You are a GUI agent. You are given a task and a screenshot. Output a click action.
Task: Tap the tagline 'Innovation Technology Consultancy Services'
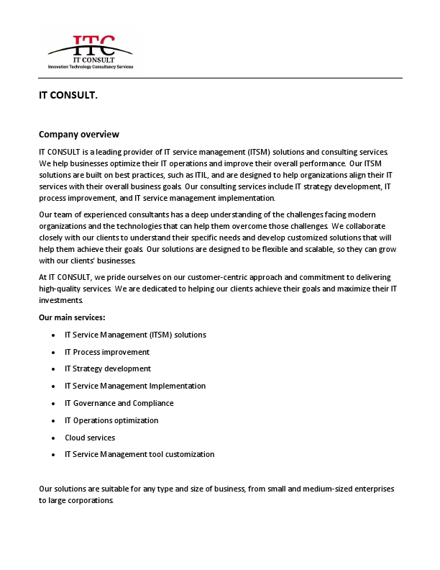[91, 66]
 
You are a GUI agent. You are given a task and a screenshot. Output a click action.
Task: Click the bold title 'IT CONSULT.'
[68, 95]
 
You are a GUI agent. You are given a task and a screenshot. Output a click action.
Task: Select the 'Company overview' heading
[79, 135]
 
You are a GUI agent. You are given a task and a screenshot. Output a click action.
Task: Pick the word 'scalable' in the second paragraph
[311, 250]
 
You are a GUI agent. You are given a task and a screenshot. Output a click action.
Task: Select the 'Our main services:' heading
[72, 317]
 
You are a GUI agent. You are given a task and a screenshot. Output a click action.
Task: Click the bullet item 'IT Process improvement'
[107, 352]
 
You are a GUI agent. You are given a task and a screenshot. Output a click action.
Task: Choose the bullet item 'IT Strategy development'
[108, 369]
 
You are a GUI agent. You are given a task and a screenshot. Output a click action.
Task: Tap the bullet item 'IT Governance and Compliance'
[119, 403]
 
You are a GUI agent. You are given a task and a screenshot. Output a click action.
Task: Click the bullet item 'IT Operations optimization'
[111, 420]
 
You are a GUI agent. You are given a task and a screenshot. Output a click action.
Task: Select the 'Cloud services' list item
[90, 438]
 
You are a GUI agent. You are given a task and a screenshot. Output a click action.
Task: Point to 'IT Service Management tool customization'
[139, 455]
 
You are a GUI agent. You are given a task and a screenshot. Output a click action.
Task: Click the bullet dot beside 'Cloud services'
[55, 438]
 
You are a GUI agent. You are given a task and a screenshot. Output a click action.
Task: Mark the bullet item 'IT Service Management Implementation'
[135, 386]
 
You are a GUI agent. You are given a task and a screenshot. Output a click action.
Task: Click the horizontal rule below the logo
[220, 78]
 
